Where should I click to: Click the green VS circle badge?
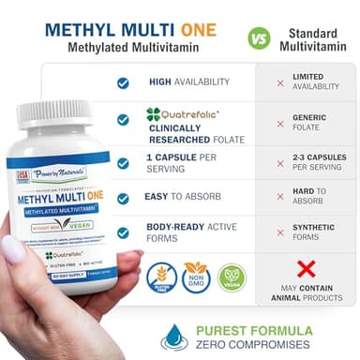(259, 38)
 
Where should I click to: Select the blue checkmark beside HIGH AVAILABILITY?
(123, 82)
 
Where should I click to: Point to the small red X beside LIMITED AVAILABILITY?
(279, 82)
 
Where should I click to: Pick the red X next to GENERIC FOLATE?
(279, 121)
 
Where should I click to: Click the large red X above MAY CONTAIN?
(306, 271)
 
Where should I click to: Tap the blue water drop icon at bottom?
(174, 336)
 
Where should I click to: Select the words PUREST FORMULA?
(254, 330)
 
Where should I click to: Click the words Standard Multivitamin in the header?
(313, 39)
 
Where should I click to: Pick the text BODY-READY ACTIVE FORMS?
(194, 231)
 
